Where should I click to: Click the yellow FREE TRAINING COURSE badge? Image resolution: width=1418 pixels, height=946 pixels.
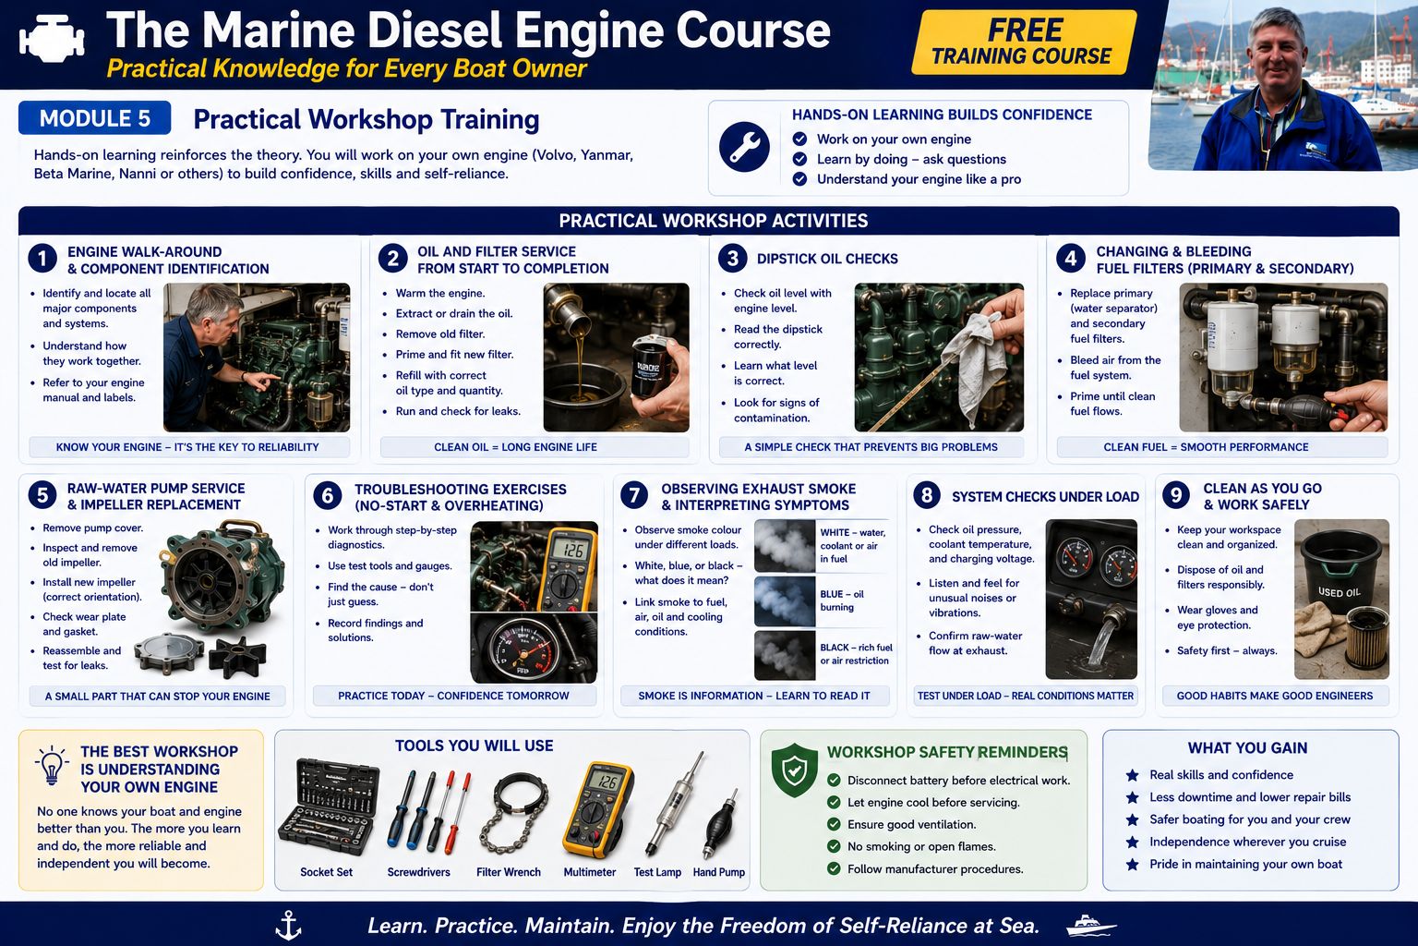(1024, 42)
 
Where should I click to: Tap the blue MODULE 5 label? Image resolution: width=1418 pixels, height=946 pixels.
(95, 118)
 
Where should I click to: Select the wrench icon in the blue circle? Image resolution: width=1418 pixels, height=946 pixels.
(744, 147)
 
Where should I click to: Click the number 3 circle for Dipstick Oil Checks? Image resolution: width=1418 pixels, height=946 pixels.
(732, 259)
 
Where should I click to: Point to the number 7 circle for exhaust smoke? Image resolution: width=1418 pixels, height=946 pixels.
(634, 495)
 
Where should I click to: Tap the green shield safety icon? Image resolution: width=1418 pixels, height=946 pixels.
(795, 770)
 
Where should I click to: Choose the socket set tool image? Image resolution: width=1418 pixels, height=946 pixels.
(329, 806)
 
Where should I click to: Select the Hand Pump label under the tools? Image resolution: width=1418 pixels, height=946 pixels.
(719, 872)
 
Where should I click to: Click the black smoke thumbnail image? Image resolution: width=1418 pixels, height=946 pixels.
(785, 655)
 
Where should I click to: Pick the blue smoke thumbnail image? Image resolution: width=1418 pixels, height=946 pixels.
(785, 601)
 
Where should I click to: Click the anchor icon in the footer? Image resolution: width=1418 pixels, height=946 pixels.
(289, 925)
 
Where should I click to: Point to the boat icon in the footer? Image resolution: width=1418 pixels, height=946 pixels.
(1090, 926)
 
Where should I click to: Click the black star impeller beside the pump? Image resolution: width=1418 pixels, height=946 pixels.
(238, 657)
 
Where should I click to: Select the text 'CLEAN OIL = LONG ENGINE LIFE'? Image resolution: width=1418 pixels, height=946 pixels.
(515, 447)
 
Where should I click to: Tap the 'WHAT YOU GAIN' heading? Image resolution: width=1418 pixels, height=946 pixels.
(1248, 747)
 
